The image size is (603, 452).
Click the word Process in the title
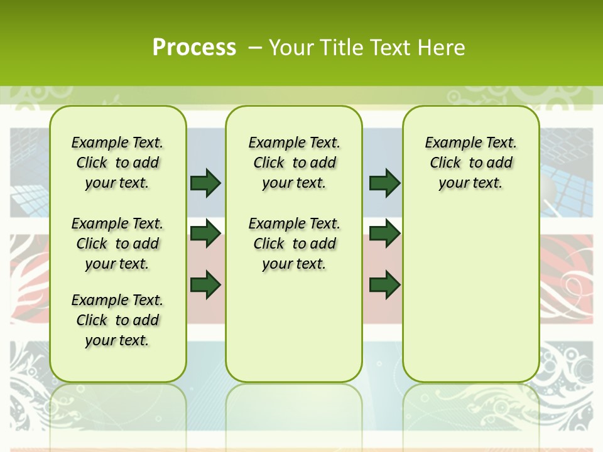[194, 47]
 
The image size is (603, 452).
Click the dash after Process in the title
[255, 48]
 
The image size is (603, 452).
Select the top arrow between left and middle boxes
[205, 183]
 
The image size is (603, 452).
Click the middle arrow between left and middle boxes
[205, 234]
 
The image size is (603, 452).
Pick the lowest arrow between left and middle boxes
[205, 286]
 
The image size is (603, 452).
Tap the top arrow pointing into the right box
[384, 183]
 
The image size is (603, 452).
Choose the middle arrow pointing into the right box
[384, 234]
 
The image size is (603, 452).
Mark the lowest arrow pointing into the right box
[384, 286]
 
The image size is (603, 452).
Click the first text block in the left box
[117, 163]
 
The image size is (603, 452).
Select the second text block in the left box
[117, 244]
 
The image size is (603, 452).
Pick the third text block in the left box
[117, 320]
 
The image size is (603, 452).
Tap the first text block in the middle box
[294, 163]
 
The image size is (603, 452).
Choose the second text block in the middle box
[294, 244]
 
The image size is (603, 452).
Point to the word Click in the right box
[445, 163]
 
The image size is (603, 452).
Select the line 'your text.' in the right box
[470, 183]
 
